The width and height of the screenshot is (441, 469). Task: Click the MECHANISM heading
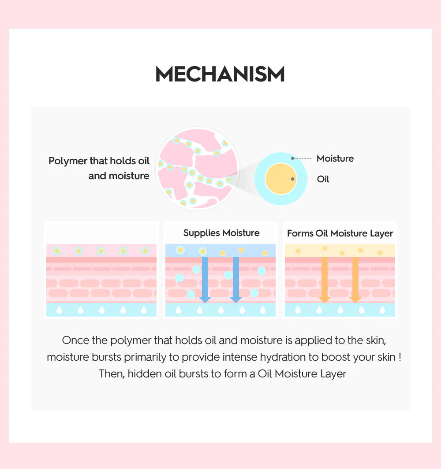click(x=220, y=74)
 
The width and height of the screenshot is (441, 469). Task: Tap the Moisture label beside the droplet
click(x=335, y=158)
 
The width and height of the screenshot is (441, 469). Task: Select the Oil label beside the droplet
click(x=323, y=179)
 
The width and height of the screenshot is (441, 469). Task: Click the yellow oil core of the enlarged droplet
click(x=281, y=179)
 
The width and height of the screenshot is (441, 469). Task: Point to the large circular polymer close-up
click(x=198, y=168)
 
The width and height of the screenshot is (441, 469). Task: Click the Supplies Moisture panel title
click(x=221, y=233)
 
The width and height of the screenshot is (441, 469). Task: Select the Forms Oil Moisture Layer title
click(x=340, y=233)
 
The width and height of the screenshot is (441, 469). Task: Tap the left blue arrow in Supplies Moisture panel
click(x=205, y=280)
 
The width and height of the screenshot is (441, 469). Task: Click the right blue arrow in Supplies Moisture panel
click(x=236, y=280)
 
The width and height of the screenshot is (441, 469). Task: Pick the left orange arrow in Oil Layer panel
click(x=325, y=280)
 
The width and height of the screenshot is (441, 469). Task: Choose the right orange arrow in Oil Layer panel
click(x=355, y=280)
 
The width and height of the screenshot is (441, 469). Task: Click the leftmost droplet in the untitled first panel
click(x=57, y=251)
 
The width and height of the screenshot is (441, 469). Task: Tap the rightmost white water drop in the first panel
click(x=144, y=310)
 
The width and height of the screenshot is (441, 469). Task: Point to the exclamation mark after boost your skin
click(x=400, y=357)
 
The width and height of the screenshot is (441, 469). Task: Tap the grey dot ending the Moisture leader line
click(x=293, y=158)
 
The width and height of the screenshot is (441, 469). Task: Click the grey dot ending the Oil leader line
click(x=293, y=179)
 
